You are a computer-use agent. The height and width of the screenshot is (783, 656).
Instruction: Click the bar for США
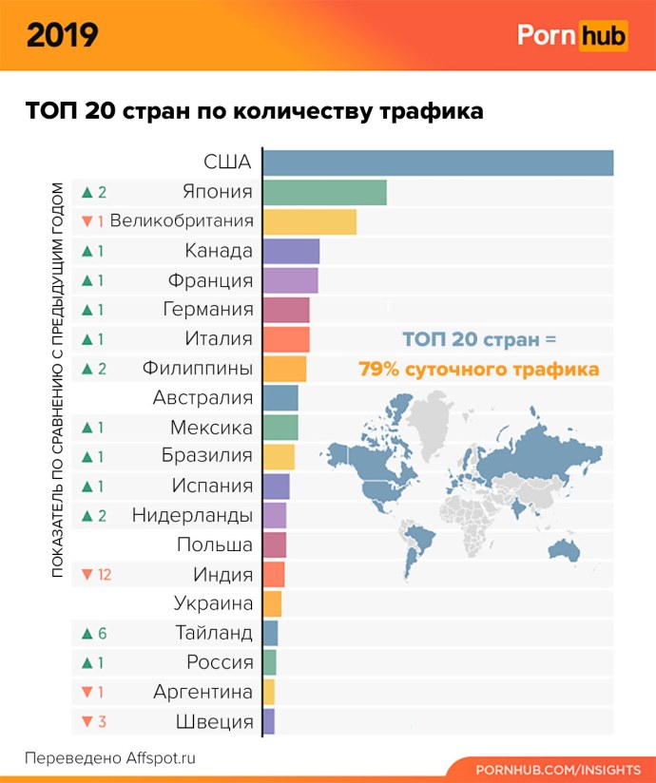437,162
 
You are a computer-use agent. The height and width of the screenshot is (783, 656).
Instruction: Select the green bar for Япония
324,192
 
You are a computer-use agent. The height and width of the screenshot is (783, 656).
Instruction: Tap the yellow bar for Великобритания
309,221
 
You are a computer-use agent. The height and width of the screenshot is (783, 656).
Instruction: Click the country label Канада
219,251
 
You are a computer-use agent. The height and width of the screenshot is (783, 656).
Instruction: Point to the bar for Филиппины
284,369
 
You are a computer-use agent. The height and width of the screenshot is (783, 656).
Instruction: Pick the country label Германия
208,310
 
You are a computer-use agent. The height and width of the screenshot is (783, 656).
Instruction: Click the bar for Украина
272,603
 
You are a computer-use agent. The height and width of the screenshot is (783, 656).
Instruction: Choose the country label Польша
215,544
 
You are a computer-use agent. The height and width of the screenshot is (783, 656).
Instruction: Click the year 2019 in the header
62,35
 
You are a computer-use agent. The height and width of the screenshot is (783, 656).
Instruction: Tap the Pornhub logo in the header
571,35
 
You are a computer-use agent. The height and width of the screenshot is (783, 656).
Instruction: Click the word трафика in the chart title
432,111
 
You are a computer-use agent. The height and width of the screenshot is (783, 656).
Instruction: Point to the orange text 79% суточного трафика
478,369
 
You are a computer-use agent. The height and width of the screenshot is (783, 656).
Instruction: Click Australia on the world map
568,549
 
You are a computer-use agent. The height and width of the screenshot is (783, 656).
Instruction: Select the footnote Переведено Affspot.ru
109,758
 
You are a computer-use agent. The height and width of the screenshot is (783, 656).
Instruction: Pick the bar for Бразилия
279,456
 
